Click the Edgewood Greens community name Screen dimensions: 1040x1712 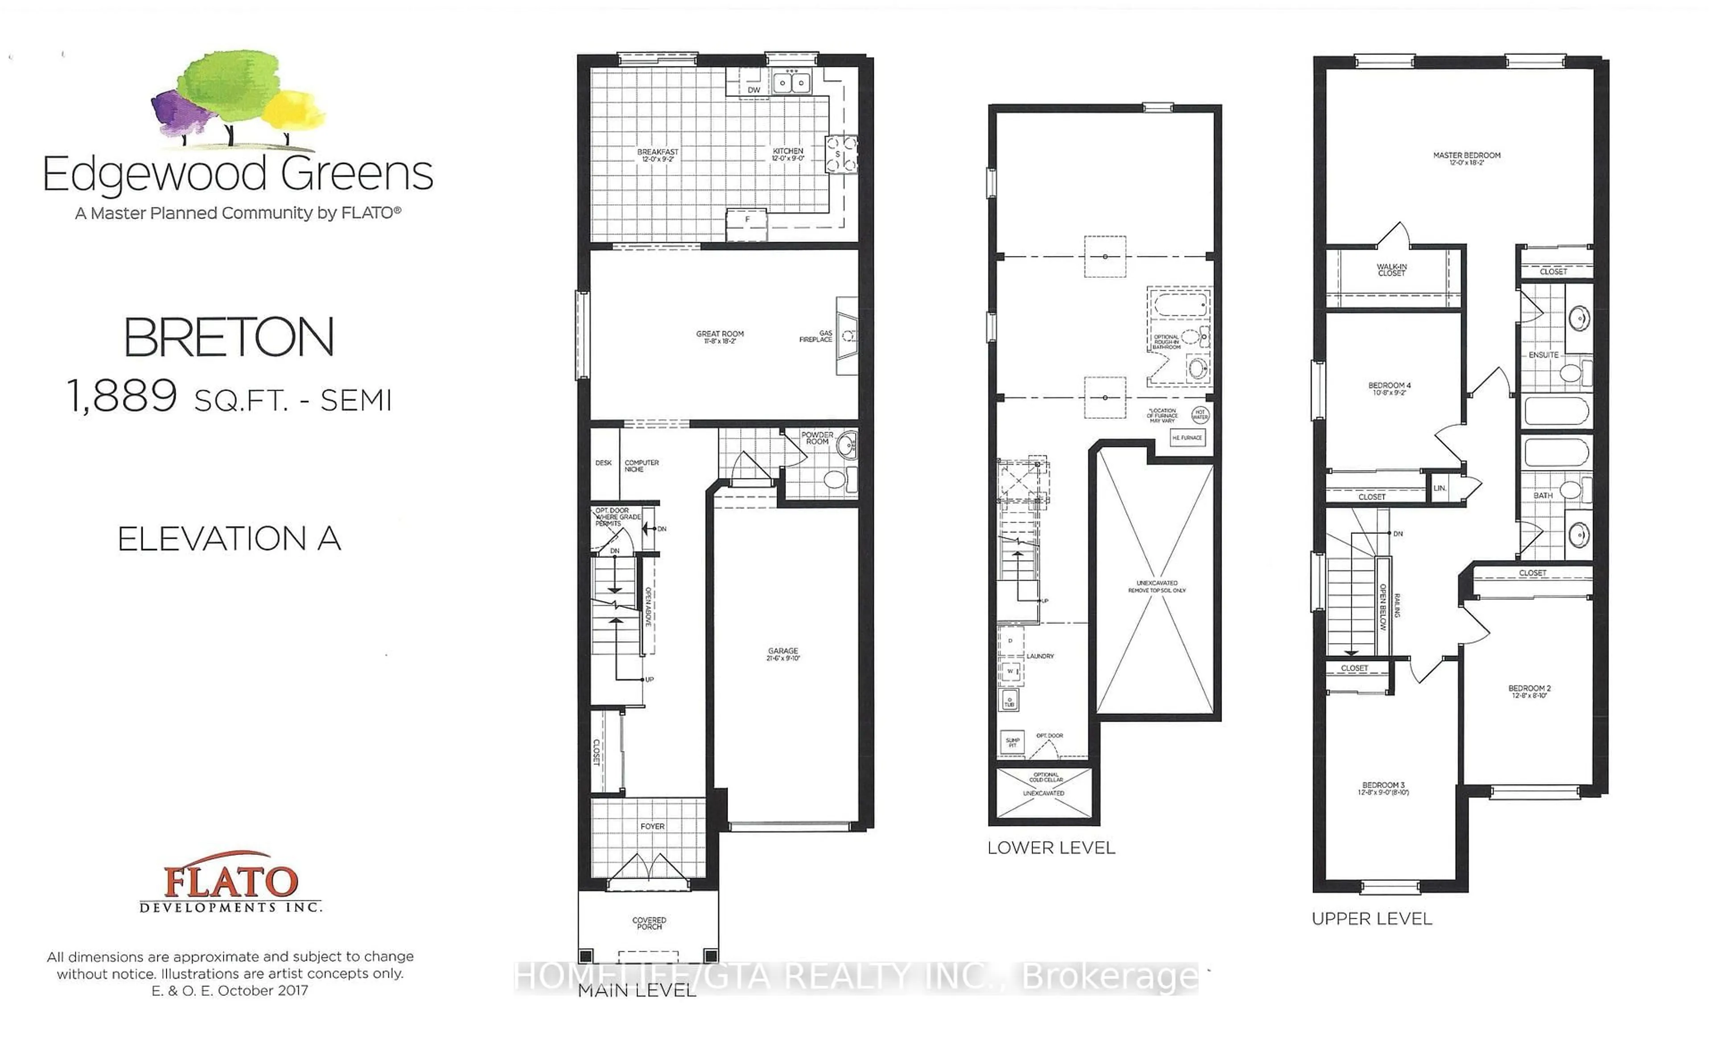pyautogui.click(x=238, y=174)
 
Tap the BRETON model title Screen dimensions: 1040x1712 pyautogui.click(x=229, y=338)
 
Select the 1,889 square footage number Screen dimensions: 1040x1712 pyautogui.click(x=122, y=397)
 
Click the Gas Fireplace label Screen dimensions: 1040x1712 pyautogui.click(x=816, y=336)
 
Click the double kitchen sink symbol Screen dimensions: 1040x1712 pyautogui.click(x=792, y=83)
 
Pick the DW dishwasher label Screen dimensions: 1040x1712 pyautogui.click(x=754, y=90)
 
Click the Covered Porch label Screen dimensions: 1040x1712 pyautogui.click(x=649, y=923)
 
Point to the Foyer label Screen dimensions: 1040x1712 pyautogui.click(x=652, y=826)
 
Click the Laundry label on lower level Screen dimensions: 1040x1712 pyautogui.click(x=1040, y=656)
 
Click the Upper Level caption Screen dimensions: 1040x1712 pyautogui.click(x=1371, y=919)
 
